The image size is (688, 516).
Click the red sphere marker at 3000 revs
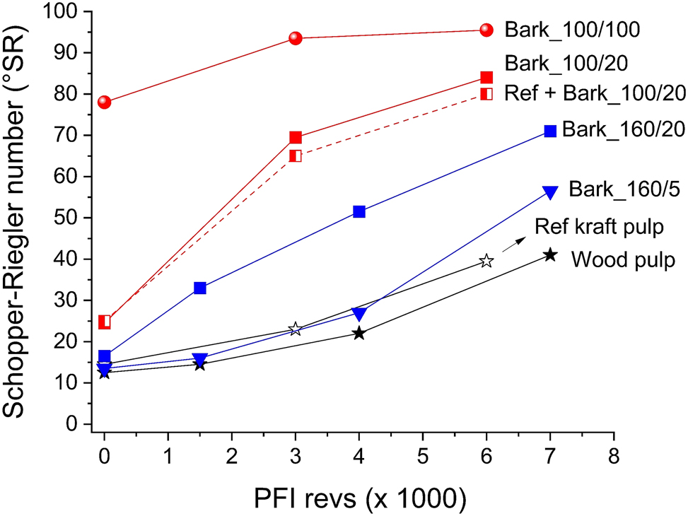296,38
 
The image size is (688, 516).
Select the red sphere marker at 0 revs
105,102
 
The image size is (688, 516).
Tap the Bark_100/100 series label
572,30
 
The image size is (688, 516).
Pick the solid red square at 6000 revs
486,78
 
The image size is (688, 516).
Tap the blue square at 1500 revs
200,288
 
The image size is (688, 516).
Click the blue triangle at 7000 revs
549,192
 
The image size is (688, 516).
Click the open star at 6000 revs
486,261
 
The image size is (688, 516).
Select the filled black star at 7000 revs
549,255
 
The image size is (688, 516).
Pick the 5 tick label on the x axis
422,454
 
